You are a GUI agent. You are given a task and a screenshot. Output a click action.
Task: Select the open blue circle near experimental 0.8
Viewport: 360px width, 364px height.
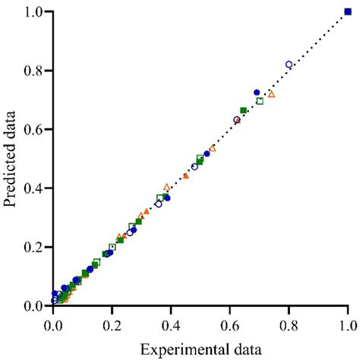289,65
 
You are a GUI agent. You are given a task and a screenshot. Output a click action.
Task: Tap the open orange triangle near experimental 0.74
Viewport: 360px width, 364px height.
271,94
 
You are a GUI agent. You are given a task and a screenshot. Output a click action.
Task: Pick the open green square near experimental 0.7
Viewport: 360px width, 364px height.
260,101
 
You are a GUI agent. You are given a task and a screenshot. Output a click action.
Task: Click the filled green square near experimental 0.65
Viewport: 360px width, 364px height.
243,111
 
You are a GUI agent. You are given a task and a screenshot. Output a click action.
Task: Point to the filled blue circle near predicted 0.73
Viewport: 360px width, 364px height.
257,93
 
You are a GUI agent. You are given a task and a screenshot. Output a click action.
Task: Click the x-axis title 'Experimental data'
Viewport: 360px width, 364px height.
201,350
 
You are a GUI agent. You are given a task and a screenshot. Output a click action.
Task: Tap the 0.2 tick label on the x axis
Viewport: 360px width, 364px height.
112,322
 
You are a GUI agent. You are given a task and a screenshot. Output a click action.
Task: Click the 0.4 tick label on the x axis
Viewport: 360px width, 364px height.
171,322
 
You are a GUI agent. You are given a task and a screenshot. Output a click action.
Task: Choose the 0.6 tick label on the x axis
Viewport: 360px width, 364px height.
230,322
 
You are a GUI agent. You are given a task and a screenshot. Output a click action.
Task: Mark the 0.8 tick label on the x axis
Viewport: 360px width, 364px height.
289,322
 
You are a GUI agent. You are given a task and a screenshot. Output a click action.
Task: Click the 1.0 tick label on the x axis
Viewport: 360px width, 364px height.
348,322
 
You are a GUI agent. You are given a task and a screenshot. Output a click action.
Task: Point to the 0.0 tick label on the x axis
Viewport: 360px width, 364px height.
53,322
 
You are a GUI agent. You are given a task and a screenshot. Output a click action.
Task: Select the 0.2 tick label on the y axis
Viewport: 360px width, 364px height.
33,247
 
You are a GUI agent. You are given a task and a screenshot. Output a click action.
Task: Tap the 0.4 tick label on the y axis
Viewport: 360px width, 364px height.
33,188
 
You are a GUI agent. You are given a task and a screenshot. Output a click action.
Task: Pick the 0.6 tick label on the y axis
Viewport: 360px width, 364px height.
33,129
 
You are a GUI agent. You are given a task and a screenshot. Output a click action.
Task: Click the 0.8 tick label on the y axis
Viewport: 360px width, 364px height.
33,71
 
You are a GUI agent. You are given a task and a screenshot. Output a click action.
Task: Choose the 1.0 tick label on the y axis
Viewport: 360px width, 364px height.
33,12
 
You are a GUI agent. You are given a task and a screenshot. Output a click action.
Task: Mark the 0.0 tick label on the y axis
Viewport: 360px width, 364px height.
33,305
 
